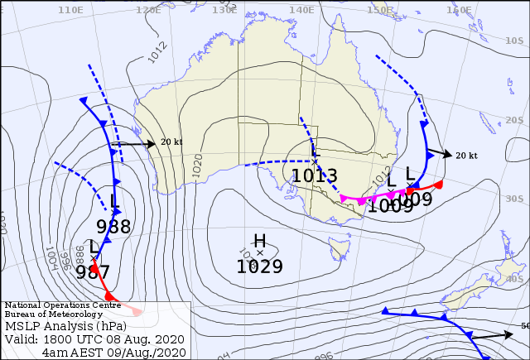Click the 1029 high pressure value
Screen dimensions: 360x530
click(259, 266)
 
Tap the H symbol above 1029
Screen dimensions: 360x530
click(259, 240)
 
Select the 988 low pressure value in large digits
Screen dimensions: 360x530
click(113, 227)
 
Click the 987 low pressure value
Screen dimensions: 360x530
click(92, 272)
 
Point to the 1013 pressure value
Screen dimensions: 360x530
click(314, 175)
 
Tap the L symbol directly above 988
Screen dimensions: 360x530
click(114, 200)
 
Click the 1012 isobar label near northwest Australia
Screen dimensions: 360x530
click(157, 51)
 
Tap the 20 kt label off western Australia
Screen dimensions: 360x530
click(171, 142)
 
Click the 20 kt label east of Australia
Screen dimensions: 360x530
click(466, 155)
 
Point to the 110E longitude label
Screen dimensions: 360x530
click(71, 10)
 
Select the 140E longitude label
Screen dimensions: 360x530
click(301, 9)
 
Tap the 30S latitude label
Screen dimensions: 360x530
click(513, 199)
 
